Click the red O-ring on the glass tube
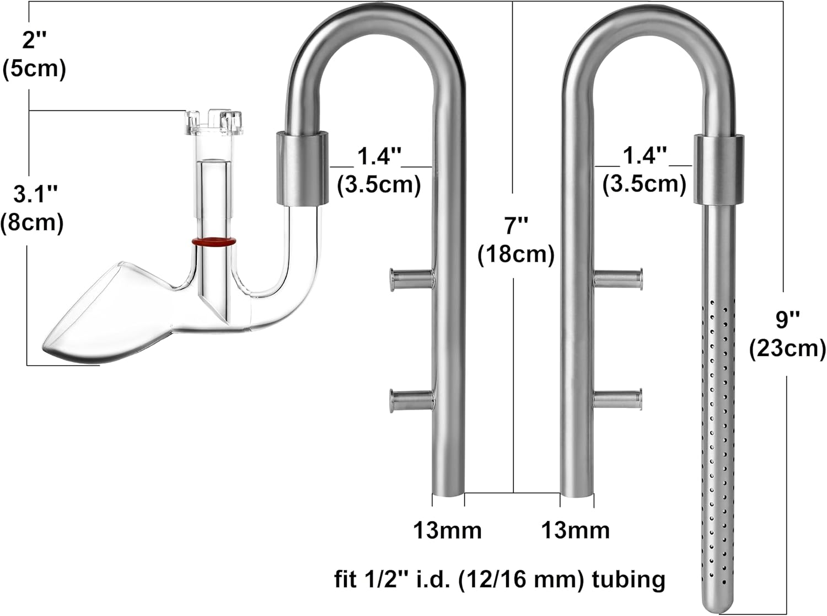[x=214, y=242]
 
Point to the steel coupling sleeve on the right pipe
[x=715, y=168]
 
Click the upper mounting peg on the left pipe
[x=411, y=279]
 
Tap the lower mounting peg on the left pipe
[x=411, y=400]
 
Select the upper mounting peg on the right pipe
[x=618, y=278]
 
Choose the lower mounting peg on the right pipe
[x=618, y=399]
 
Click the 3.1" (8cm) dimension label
[x=33, y=209]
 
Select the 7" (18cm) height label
[x=515, y=240]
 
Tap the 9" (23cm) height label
[x=787, y=334]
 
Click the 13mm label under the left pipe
[x=447, y=530]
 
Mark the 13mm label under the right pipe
[x=575, y=530]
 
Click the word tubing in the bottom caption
[x=628, y=580]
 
